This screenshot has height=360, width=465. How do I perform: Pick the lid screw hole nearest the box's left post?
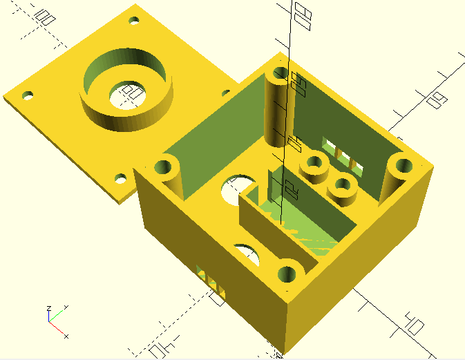coord(122,178)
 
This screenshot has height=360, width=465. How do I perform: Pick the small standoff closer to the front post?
coord(343,187)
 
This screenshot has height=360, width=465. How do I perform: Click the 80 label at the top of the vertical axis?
coord(301,12)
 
